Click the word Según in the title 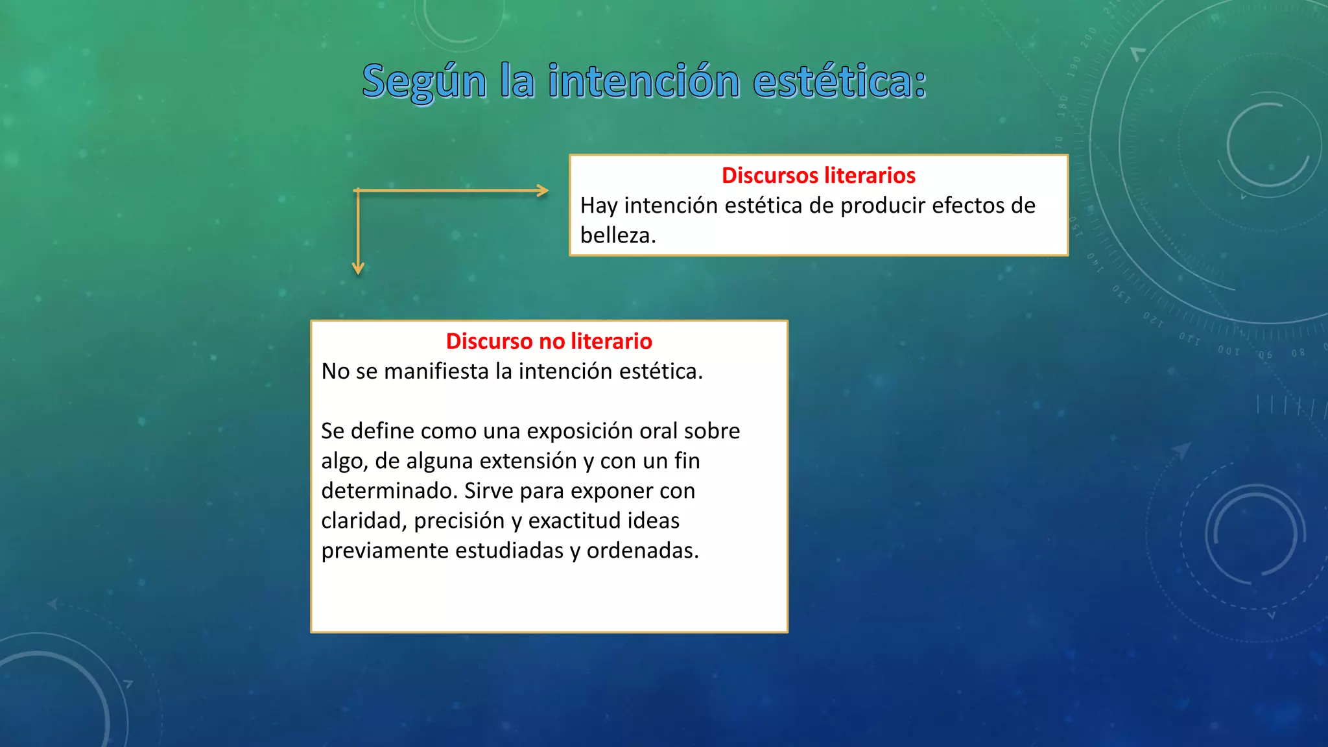click(x=424, y=82)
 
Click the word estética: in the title click(x=840, y=82)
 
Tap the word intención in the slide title click(x=644, y=82)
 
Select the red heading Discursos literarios click(x=818, y=175)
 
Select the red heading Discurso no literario click(x=549, y=341)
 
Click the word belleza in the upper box click(x=616, y=235)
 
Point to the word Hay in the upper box click(x=599, y=206)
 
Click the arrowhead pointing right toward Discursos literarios click(x=543, y=191)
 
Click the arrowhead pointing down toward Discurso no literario click(x=358, y=268)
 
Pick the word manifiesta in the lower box click(x=436, y=372)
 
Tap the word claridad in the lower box click(x=362, y=521)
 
